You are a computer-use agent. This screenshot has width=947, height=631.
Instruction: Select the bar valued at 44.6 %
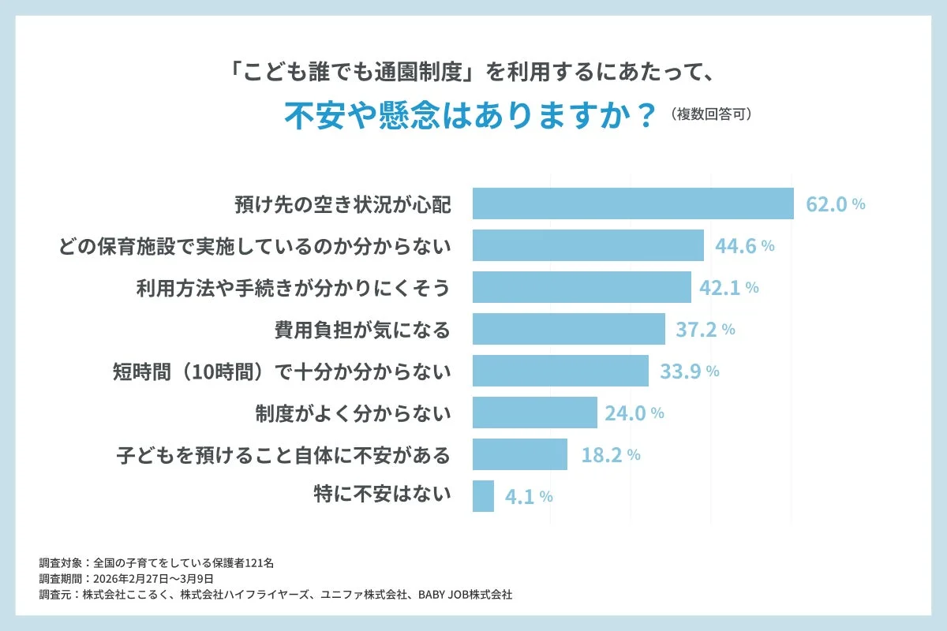point(588,245)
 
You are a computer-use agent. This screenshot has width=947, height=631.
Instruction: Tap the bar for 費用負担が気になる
point(568,329)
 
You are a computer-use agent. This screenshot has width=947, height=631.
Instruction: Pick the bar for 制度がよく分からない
point(534,413)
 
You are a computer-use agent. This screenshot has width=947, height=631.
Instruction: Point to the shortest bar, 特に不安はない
point(483,496)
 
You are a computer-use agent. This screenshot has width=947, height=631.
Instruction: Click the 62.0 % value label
point(835,204)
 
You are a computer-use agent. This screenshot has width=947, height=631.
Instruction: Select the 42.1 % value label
point(728,288)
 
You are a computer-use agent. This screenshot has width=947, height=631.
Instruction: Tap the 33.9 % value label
point(689,372)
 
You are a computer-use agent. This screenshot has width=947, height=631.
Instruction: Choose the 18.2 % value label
point(609,455)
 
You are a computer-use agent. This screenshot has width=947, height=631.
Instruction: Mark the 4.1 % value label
point(528,497)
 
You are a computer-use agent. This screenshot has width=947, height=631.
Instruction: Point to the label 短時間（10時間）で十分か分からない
point(282,372)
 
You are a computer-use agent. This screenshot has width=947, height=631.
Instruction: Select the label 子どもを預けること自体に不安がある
point(283,455)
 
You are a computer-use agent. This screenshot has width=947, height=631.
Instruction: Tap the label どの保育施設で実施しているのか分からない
point(255,246)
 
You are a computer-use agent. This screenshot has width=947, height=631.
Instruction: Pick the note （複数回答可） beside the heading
point(711,114)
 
